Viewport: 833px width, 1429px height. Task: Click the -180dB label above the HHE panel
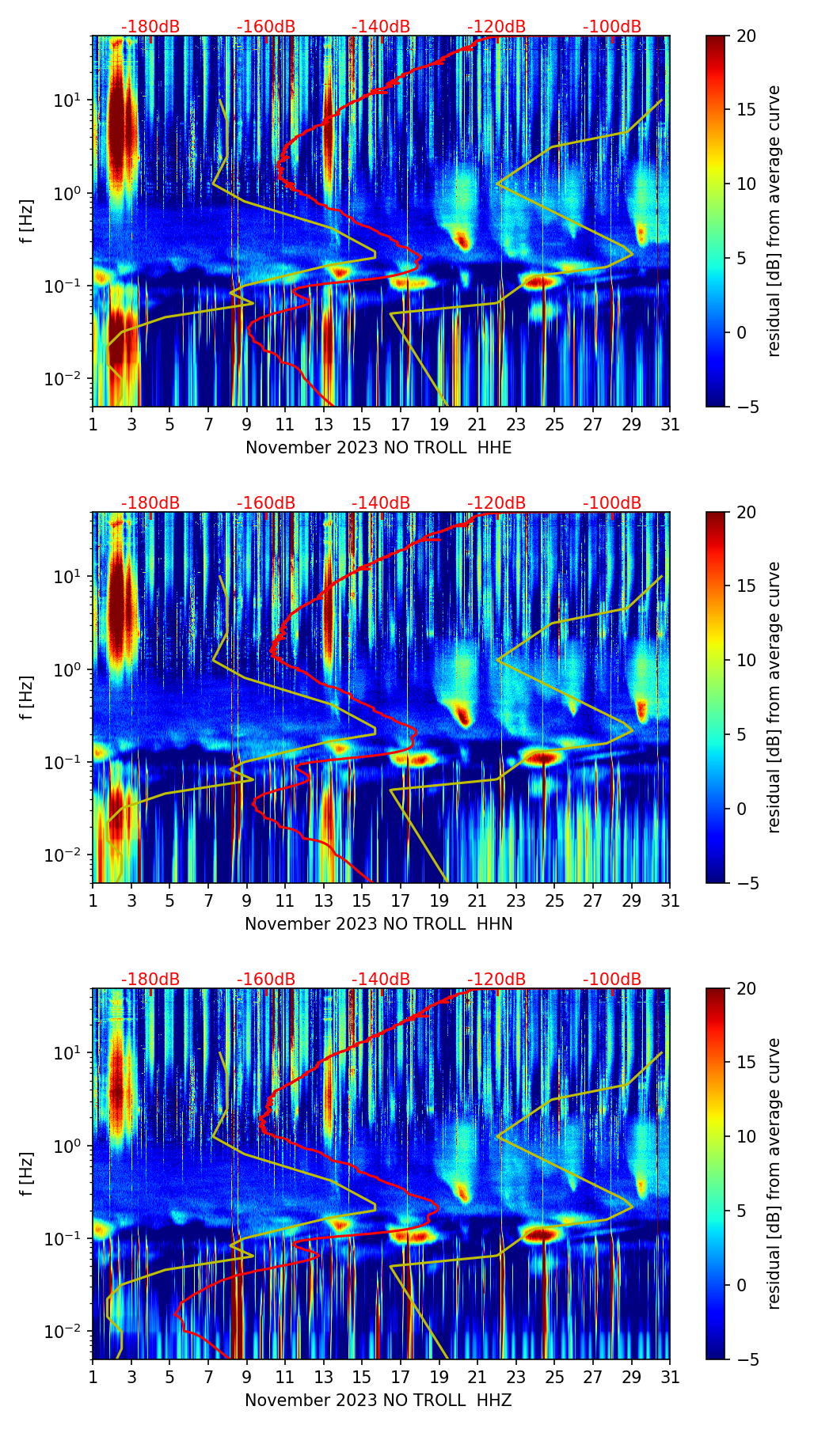pos(150,27)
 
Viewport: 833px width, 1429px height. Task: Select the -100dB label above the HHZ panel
pos(612,980)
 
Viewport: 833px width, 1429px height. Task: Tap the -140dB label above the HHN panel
pos(381,503)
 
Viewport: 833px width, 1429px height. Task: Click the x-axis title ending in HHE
pos(378,448)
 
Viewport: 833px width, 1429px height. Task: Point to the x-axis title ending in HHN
pos(378,924)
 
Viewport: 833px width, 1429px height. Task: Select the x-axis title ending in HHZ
pos(378,1401)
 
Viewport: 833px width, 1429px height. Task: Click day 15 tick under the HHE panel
pos(362,424)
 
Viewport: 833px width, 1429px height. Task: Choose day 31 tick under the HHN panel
pos(670,900)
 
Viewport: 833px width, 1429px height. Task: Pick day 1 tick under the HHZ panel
pos(93,1377)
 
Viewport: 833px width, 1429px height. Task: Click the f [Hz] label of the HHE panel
pos(27,222)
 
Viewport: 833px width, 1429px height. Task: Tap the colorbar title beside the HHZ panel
pos(774,1173)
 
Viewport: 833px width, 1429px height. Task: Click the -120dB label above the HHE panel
pos(496,27)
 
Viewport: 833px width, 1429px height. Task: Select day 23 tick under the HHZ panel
pos(516,1377)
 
